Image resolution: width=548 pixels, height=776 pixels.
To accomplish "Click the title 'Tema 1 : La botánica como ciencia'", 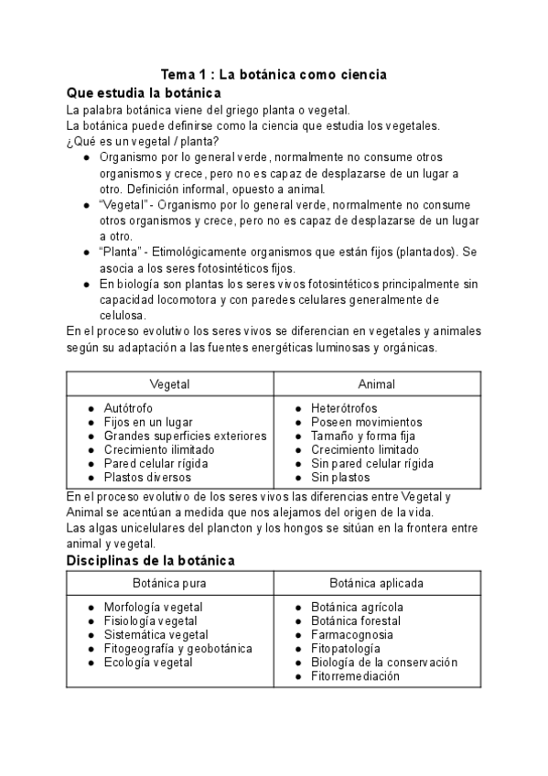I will tap(274, 73).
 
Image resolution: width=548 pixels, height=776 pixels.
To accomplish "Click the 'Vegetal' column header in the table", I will tap(169, 384).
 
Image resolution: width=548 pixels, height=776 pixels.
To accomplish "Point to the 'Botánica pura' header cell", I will tap(169, 583).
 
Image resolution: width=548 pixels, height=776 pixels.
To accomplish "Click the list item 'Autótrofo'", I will tap(129, 408).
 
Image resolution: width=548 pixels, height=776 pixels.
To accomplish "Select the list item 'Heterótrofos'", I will tap(344, 408).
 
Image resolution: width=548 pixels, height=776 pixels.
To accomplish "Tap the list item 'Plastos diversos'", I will tap(147, 477).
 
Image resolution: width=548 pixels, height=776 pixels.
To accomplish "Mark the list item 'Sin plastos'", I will tap(340, 477).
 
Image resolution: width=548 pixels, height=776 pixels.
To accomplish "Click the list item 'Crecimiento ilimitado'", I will tap(159, 449).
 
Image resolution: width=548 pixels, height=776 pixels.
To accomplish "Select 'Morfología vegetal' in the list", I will tap(154, 607).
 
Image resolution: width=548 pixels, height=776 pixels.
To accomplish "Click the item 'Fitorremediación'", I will tap(356, 676).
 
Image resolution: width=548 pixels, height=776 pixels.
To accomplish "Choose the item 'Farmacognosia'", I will tap(352, 634).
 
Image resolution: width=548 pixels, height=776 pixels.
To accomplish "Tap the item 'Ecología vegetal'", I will tap(148, 663).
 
